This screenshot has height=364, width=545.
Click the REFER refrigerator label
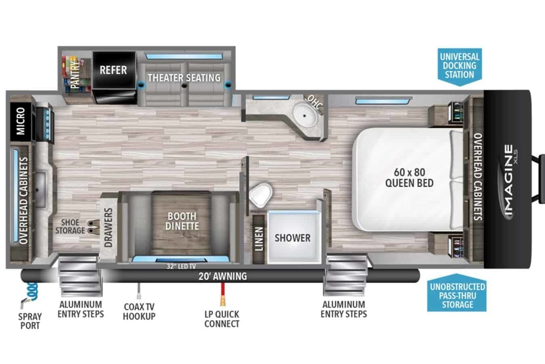coord(114,70)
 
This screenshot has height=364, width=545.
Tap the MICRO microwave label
coord(21,121)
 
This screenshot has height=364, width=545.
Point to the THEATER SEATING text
coord(184,78)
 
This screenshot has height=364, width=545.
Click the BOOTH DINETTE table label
coord(182,221)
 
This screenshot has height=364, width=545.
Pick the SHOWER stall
coord(294,237)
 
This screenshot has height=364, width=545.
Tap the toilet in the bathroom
coord(260,195)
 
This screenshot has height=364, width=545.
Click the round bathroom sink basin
coord(305,115)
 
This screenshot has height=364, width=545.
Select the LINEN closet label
coord(259,239)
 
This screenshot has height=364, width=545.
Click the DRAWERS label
coord(108,228)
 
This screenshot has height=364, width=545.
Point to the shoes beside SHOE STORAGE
coord(94,226)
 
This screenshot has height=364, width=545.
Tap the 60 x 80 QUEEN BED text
coord(410,178)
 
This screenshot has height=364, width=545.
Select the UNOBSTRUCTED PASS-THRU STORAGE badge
coord(457,293)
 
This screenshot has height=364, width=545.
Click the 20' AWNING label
coord(223,276)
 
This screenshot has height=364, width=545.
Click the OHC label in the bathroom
coord(315,102)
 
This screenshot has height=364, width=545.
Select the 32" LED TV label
coord(181,266)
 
